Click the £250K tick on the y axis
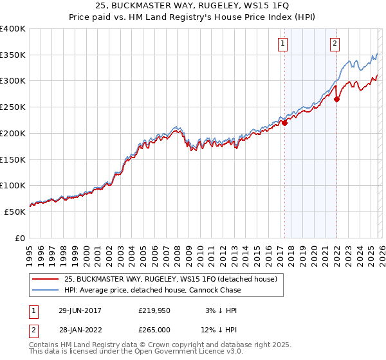click(13, 107)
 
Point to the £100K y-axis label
click(13, 186)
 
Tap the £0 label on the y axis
click(19, 238)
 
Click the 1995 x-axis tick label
click(30, 251)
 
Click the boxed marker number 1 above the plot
click(283, 44)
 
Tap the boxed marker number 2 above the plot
click(335, 44)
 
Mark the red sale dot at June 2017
click(285, 123)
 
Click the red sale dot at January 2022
click(337, 99)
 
